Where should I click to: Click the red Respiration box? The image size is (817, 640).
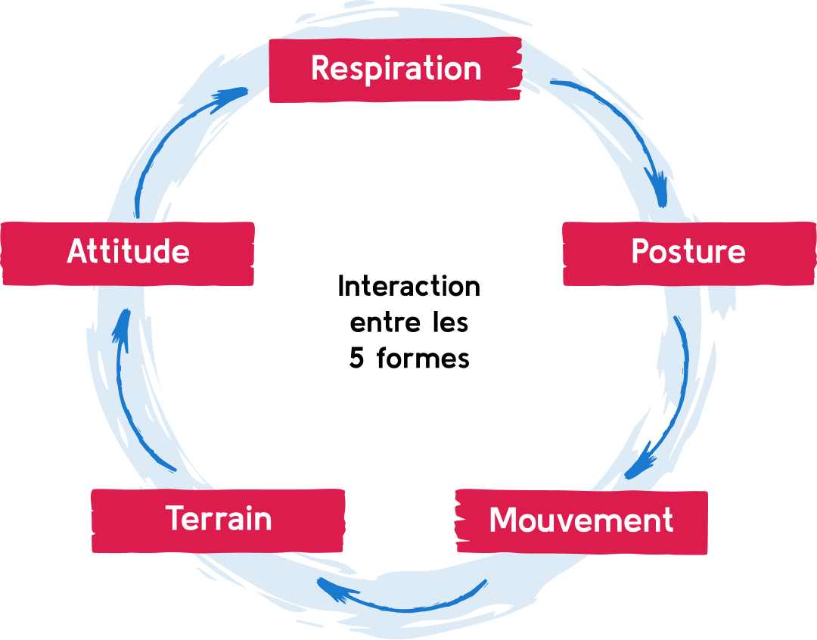click(395, 70)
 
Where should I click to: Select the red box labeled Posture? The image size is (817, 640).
click(688, 253)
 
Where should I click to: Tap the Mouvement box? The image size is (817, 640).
click(581, 521)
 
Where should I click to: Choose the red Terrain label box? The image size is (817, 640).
click(218, 520)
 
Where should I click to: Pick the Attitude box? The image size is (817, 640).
click(128, 253)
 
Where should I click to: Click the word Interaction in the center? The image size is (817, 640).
click(408, 287)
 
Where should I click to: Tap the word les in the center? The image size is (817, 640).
click(452, 323)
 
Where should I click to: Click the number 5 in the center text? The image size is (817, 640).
click(356, 358)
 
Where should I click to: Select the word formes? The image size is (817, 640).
click(422, 358)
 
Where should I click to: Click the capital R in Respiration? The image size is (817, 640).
click(321, 68)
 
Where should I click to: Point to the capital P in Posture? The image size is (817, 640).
click(640, 252)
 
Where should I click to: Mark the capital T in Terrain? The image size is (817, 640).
click(174, 519)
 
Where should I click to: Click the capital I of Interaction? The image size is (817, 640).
click(341, 287)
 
